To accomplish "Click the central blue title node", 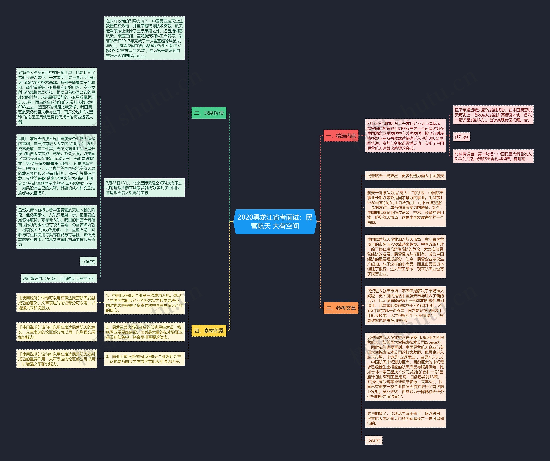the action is [x=275, y=222].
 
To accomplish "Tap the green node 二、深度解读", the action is [x=209, y=113].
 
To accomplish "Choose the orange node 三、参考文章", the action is [x=341, y=308].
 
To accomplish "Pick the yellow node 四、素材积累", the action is [x=209, y=331].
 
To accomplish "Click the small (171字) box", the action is [x=461, y=137].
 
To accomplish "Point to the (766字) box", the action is [x=89, y=261].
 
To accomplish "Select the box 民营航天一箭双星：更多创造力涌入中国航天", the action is [x=405, y=176].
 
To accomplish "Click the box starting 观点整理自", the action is [x=59, y=278].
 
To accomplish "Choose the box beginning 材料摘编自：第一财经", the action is [x=493, y=156].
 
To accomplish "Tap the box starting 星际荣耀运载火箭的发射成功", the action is [x=493, y=115].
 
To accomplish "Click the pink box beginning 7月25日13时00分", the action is [x=405, y=136].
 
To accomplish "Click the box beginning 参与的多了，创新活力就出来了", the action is [x=405, y=418].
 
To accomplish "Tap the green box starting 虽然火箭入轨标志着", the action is [x=57, y=227].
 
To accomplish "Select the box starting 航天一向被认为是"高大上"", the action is [x=405, y=208].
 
